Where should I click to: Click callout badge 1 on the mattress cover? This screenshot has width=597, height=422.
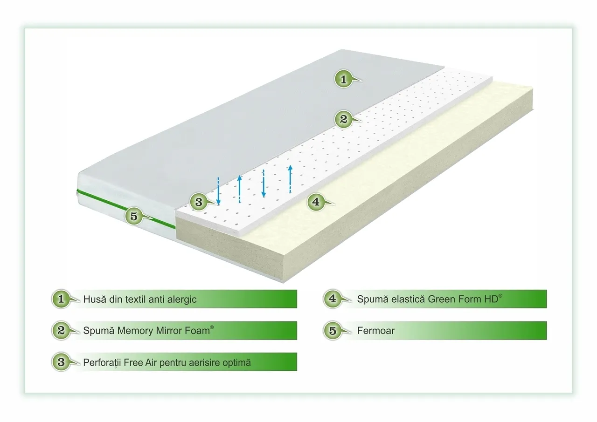point(343,79)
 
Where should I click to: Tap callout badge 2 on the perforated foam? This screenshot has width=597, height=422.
point(343,119)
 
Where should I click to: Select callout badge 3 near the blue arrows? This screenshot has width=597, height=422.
point(199,202)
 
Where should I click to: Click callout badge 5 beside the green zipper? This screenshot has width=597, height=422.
point(134,216)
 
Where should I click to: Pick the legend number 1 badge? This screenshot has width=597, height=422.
point(60,299)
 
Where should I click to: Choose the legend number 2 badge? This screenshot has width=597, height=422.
point(60,330)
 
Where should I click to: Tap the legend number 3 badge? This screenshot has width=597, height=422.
point(60,361)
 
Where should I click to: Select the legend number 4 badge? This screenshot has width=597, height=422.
point(332,299)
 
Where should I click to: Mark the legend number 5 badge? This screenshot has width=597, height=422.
point(332,330)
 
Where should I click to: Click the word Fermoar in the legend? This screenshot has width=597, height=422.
point(375,331)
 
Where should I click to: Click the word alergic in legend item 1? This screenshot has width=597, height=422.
point(179,299)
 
